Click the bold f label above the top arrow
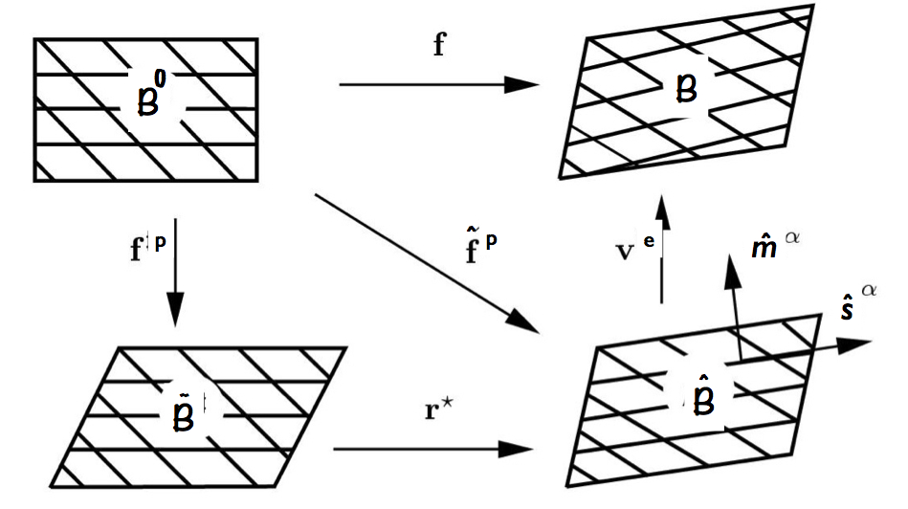pos(439,45)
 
